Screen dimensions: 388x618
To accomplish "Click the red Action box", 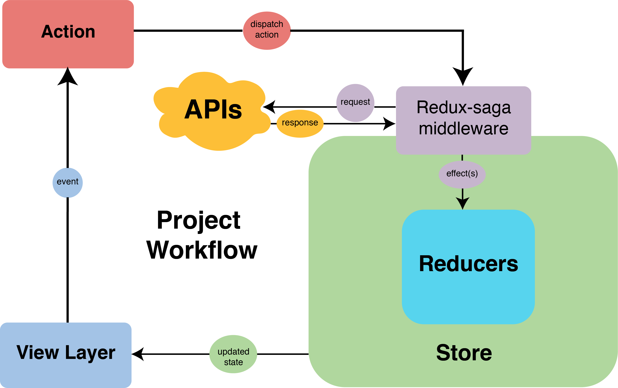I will (x=68, y=34).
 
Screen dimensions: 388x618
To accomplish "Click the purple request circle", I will (x=355, y=103).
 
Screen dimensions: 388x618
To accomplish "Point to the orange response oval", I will (x=300, y=123).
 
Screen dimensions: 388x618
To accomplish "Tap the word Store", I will (x=464, y=353).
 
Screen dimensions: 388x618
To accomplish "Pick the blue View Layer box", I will (x=66, y=355).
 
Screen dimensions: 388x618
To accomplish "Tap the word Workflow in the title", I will (x=202, y=250).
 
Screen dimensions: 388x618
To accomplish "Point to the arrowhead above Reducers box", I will (x=462, y=203).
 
